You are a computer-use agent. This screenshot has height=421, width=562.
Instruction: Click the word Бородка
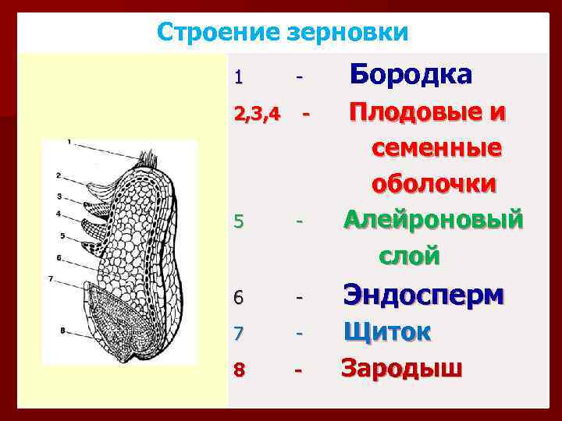(x=411, y=74)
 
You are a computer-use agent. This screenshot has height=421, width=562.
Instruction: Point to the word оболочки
(x=434, y=184)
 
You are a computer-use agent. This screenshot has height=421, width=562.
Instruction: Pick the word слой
(x=410, y=255)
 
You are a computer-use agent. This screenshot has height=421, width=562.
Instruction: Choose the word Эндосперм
(x=425, y=295)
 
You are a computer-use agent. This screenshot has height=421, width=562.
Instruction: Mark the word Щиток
(x=388, y=331)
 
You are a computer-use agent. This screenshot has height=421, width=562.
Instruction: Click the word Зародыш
(x=402, y=367)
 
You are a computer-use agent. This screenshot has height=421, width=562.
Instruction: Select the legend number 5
(x=239, y=223)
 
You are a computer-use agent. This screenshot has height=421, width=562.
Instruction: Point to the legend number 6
(x=239, y=298)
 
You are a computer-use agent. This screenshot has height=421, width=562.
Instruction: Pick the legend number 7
(x=239, y=333)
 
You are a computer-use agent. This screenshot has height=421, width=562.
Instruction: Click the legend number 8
(x=239, y=369)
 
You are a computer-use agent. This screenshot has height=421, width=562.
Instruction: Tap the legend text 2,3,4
(x=257, y=116)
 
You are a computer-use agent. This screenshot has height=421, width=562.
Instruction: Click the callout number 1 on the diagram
(x=69, y=142)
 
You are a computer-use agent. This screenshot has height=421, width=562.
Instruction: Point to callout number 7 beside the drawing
(x=50, y=278)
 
